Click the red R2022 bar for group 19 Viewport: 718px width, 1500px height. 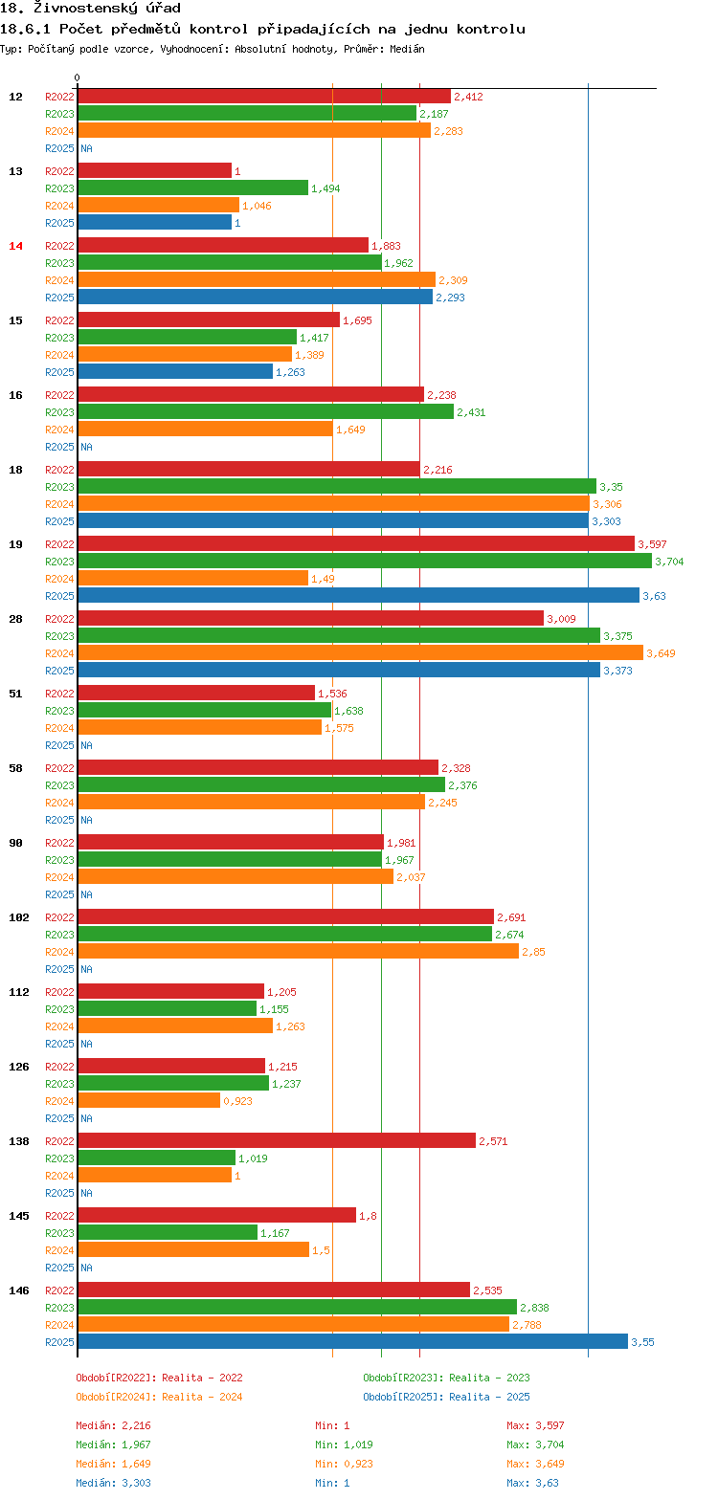pyautogui.click(x=355, y=543)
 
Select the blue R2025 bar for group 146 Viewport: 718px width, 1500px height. pyautogui.click(x=352, y=1341)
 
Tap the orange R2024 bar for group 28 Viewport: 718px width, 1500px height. pyautogui.click(x=360, y=652)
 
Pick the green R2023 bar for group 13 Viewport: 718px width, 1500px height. pyautogui.click(x=192, y=187)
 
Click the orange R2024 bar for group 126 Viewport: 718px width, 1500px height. pyautogui.click(x=148, y=1100)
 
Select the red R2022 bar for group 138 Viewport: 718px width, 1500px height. pyautogui.click(x=276, y=1140)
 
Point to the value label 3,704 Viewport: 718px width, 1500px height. pyautogui.click(x=669, y=562)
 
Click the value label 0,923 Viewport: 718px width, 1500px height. pyautogui.click(x=238, y=1101)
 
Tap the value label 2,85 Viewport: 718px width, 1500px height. pyautogui.click(x=533, y=952)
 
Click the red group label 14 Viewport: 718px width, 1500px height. pyautogui.click(x=15, y=246)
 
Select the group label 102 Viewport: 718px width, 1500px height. pyautogui.click(x=19, y=917)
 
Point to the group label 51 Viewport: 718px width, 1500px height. pyautogui.click(x=15, y=694)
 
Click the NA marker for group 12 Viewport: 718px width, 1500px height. pyautogui.click(x=86, y=148)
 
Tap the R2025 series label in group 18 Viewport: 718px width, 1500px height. pyautogui.click(x=59, y=521)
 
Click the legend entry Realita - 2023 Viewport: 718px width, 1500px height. pyautogui.click(x=446, y=1378)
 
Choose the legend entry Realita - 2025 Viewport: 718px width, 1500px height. pyautogui.click(x=446, y=1397)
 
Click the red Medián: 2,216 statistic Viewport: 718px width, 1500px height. pyautogui.click(x=113, y=1425)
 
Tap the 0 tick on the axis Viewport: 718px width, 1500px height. pyautogui.click(x=78, y=78)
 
